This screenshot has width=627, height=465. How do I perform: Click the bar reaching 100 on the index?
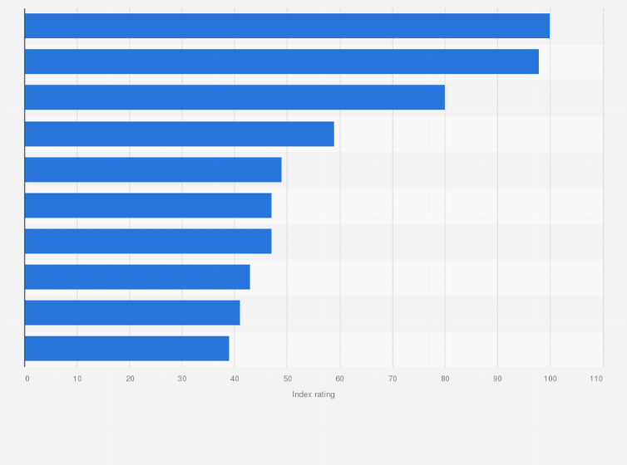(287, 26)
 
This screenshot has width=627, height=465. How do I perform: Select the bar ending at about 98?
(282, 61)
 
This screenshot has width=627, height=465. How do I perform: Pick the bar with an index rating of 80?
(235, 97)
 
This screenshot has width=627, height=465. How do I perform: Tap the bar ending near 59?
(180, 134)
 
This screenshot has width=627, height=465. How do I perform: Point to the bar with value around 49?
(153, 169)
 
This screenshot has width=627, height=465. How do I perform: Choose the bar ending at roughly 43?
(137, 277)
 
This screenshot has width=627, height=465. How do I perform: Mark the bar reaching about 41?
(132, 312)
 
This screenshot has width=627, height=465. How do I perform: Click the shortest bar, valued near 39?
(127, 348)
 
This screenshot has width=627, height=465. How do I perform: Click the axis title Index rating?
(313, 394)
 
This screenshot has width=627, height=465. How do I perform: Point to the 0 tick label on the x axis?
(27, 379)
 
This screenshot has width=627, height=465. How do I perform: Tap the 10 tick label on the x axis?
(77, 379)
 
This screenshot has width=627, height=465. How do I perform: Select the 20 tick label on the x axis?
(130, 379)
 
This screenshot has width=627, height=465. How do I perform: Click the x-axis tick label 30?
(182, 379)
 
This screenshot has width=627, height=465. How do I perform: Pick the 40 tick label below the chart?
(235, 379)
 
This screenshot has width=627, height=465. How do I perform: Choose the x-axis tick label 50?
(287, 379)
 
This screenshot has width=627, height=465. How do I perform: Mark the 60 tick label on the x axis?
(339, 379)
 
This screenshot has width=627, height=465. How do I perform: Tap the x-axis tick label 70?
(392, 379)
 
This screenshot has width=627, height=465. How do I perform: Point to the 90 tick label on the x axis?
(497, 379)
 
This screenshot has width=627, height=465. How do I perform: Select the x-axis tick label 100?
(550, 379)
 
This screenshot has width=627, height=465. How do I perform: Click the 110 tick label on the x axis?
(596, 379)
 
